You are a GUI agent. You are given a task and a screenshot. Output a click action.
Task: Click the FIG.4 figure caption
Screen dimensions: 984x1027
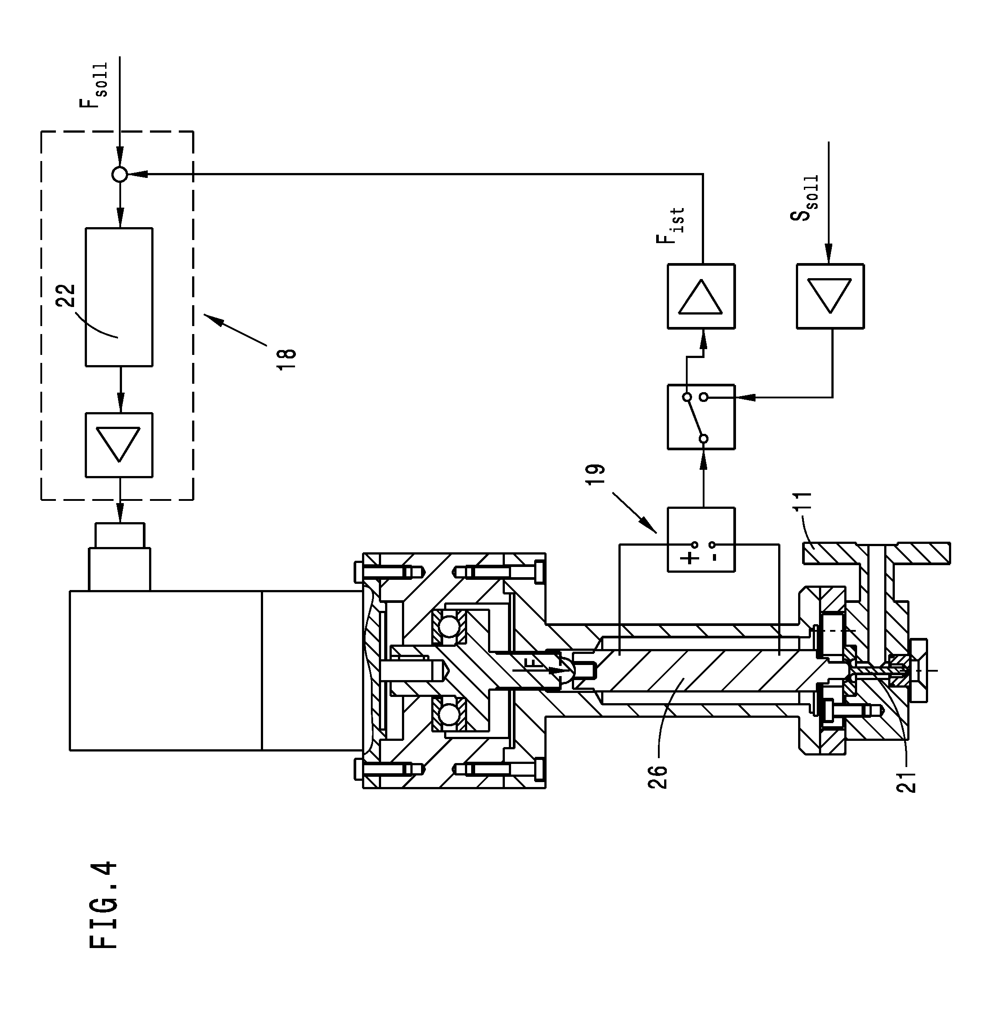[104, 905]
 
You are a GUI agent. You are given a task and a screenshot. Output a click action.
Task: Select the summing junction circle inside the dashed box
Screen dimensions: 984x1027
[120, 174]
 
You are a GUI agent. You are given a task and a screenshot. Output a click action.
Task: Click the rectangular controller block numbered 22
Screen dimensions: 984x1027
[119, 297]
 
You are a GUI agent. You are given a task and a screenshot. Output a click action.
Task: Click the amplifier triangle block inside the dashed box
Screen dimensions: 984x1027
[119, 445]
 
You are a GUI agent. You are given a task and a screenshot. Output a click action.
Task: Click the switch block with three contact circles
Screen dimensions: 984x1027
[701, 417]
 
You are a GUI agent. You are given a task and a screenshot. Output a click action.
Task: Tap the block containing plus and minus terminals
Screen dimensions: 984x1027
[701, 539]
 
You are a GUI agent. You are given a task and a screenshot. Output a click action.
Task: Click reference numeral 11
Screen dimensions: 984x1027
[803, 501]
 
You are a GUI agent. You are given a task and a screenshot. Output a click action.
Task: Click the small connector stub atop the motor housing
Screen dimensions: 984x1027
[119, 535]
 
